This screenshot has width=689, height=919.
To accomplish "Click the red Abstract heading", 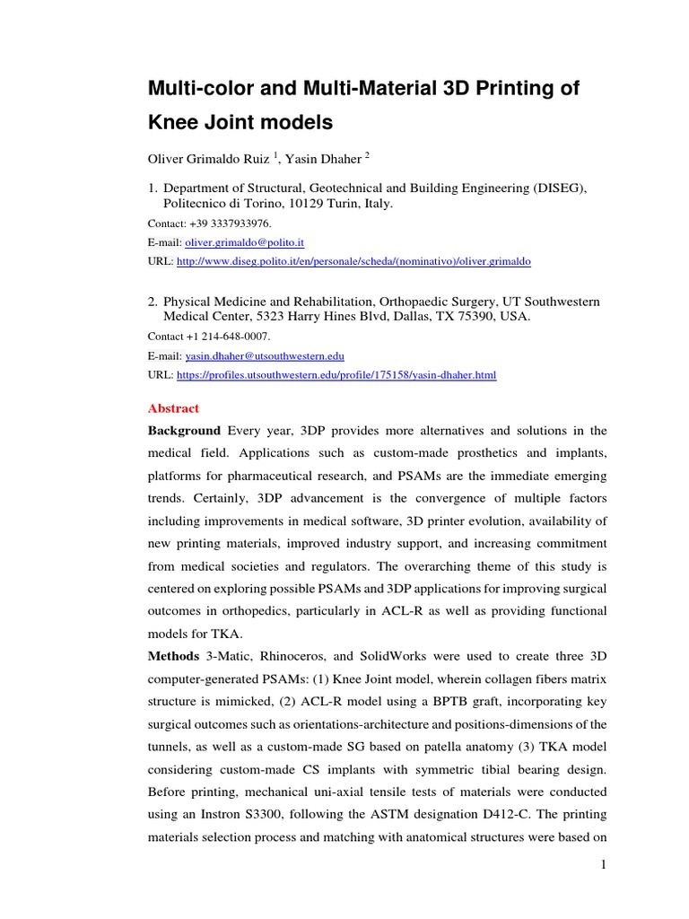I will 173,408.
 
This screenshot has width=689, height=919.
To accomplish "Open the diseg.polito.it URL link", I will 354,261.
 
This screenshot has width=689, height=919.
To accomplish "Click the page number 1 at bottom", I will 604,864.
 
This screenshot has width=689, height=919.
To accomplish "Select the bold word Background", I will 184,431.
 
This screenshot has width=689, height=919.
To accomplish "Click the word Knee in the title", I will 176,121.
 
